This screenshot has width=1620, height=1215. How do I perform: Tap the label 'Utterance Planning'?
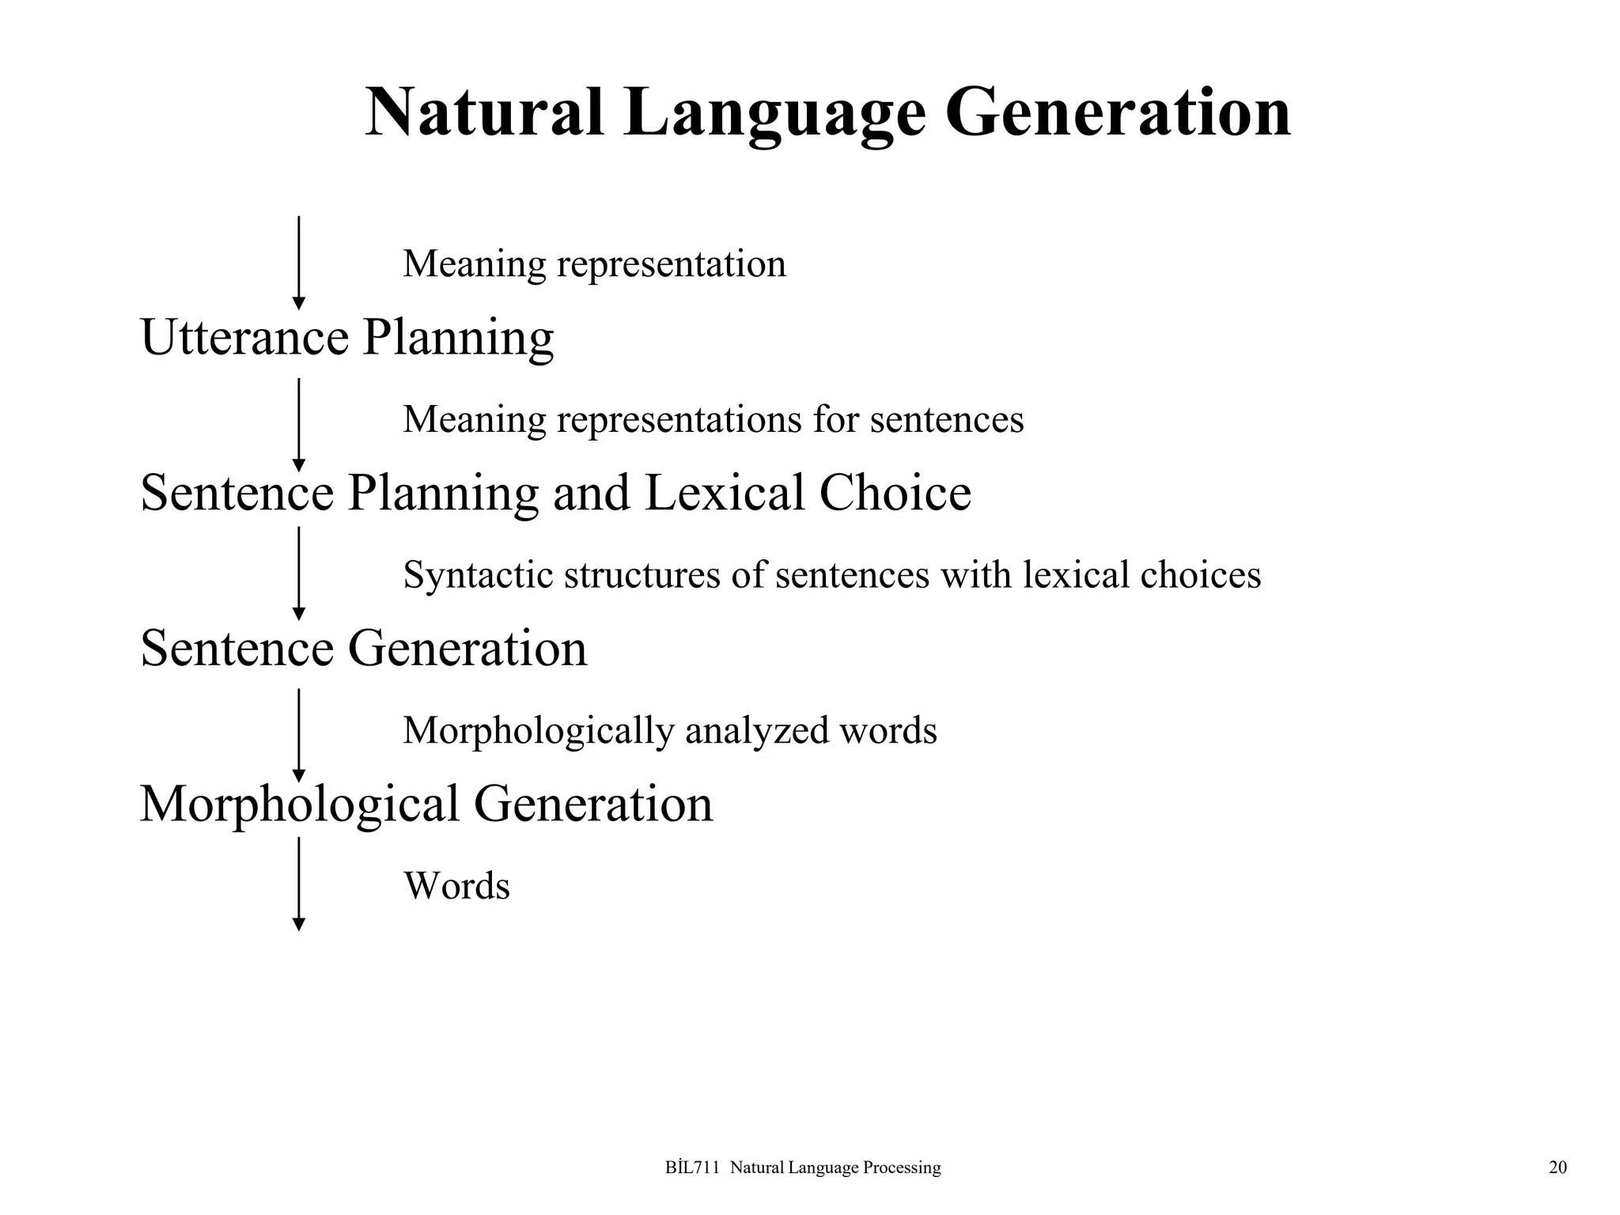pos(346,338)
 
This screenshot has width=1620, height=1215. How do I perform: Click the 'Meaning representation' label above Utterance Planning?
pos(594,263)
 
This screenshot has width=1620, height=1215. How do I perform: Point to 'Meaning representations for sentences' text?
pos(713,419)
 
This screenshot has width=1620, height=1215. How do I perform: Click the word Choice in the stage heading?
pos(895,493)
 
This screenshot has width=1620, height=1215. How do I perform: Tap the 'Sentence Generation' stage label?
pos(363,649)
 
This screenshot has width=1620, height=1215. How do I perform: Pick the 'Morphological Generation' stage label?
pos(426,804)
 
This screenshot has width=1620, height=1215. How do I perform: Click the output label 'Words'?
pos(456,886)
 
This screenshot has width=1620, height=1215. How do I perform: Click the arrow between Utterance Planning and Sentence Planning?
pos(298,425)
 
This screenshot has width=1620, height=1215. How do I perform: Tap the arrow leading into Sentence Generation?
pos(298,573)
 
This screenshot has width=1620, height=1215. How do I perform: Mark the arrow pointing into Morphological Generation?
pos(298,735)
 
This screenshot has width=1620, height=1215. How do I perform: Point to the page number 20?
pos(1557,1168)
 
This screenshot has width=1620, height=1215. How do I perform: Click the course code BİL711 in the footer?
pos(692,1168)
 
